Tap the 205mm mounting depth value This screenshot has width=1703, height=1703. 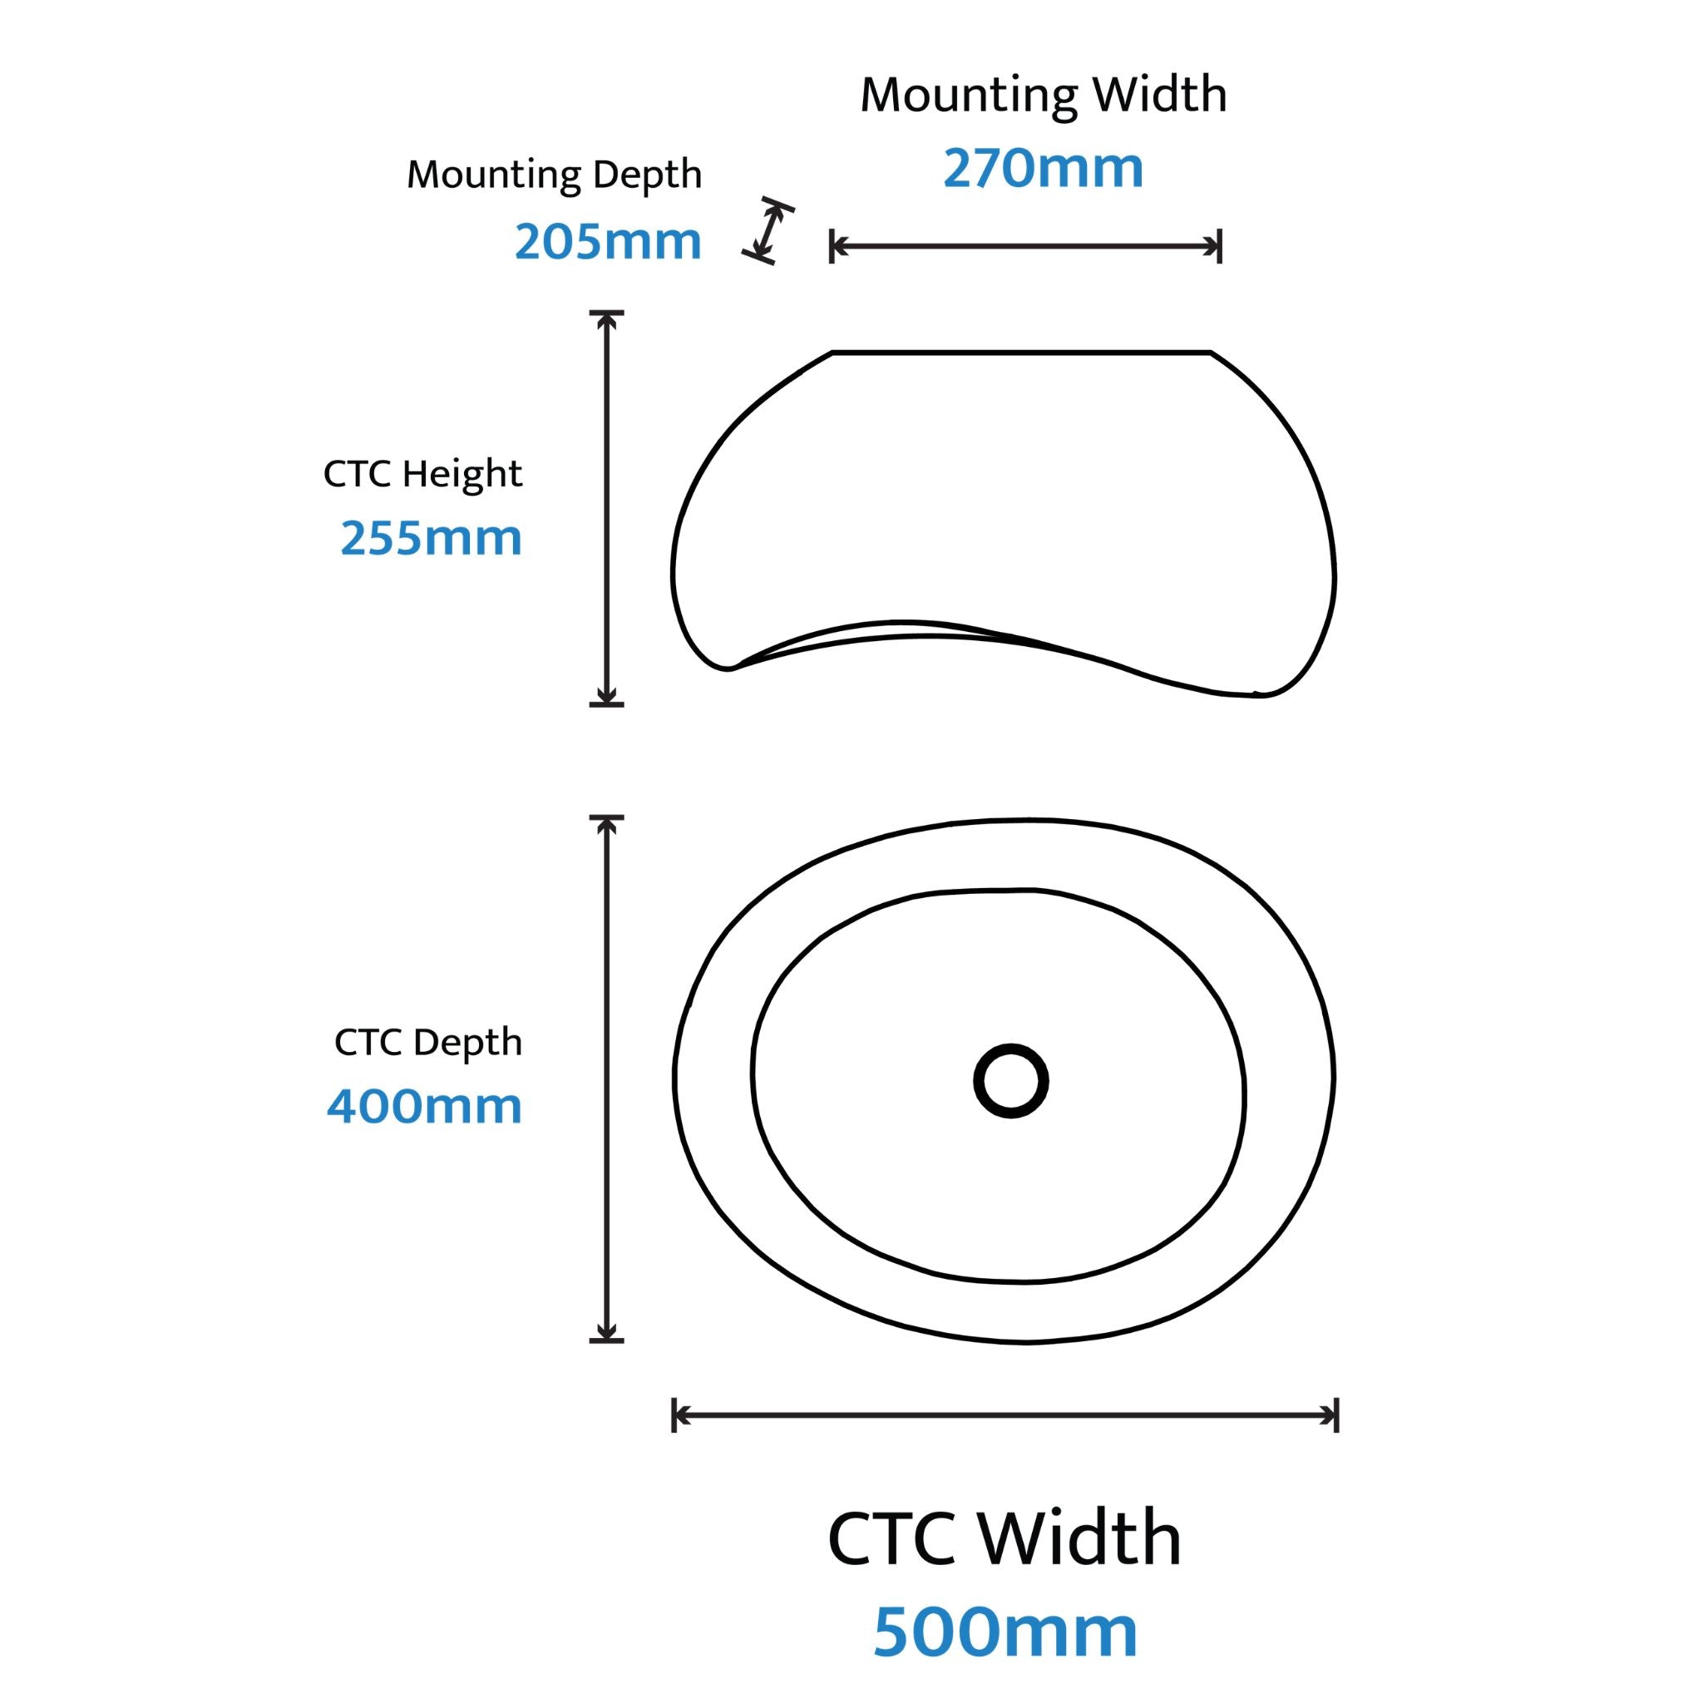click(x=608, y=240)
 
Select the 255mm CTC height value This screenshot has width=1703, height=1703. click(x=431, y=537)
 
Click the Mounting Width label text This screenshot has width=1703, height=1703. click(x=1044, y=95)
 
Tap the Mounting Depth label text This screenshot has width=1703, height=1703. click(x=555, y=175)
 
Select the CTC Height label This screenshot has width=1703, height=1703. click(x=423, y=473)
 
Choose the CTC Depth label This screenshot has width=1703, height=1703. click(x=428, y=1042)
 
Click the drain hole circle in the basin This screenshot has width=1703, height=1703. click(x=1011, y=1081)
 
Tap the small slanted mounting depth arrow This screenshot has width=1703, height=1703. click(x=768, y=231)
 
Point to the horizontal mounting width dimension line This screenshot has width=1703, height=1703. click(x=1026, y=247)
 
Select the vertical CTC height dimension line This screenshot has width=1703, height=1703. click(x=606, y=509)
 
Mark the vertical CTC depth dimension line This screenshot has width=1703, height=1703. click(x=606, y=1079)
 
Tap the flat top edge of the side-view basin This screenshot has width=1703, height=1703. click(x=1022, y=353)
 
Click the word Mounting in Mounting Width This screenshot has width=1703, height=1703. click(x=970, y=95)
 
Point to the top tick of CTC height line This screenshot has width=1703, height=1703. click(x=606, y=312)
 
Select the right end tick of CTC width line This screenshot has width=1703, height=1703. click(x=1337, y=1415)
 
